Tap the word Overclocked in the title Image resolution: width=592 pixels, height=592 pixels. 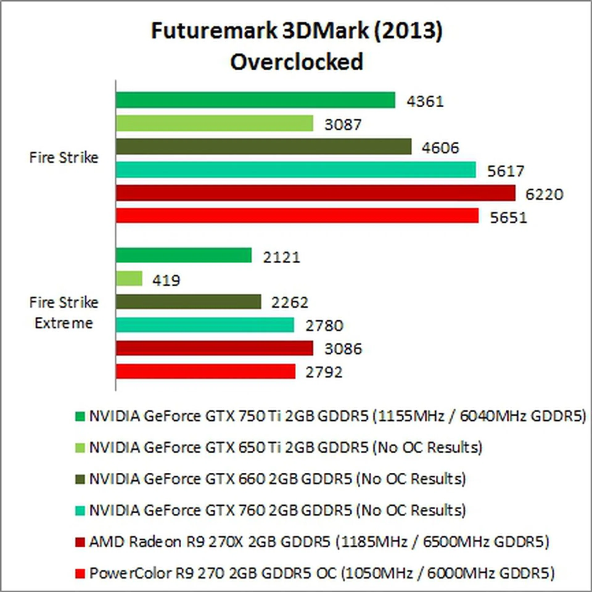296,62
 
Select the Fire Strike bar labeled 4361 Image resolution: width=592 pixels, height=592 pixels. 255,100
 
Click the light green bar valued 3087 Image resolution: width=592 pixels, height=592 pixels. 214,123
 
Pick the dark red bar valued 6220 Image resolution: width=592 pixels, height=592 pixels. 315,193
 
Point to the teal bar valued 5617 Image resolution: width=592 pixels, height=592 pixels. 296,170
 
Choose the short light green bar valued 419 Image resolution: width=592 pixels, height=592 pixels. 129,279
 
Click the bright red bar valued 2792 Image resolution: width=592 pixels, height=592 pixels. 205,371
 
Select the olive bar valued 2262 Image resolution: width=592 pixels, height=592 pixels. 188,302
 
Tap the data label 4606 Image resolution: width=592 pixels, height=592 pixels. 440,148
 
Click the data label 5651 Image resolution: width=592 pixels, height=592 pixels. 508,218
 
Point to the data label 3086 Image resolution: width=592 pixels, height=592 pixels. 343,349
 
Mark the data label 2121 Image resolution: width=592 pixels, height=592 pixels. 281,257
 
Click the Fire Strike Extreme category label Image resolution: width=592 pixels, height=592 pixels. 64,313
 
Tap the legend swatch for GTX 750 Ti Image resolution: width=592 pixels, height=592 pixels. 80,417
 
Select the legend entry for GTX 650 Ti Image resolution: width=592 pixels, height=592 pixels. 286,448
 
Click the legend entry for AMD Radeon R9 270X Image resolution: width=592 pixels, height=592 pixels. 319,542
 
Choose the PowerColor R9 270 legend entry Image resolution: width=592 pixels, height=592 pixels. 322,573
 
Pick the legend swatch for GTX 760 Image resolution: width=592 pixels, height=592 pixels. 80,511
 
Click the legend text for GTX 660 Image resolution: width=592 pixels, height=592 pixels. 277,479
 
